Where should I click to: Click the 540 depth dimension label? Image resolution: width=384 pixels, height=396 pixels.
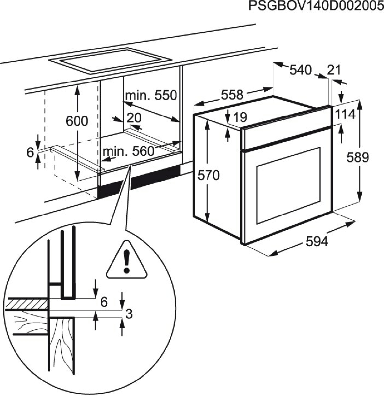tap(300, 70)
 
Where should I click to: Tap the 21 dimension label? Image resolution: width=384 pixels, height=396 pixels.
tap(334, 70)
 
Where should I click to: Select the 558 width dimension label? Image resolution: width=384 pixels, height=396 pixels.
tap(232, 95)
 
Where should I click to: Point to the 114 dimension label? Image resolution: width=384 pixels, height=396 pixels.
tap(345, 115)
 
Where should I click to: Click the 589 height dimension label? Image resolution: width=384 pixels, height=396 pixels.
tap(358, 158)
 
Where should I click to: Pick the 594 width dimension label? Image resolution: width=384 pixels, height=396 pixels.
tap(317, 242)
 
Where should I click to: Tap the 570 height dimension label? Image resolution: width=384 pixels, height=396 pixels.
tap(208, 176)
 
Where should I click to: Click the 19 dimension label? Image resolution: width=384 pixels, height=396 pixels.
tap(240, 117)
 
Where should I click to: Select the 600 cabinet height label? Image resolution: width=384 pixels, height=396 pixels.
tap(77, 121)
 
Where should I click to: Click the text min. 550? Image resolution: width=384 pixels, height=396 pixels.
tap(151, 96)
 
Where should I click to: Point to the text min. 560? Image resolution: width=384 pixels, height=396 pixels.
tap(129, 152)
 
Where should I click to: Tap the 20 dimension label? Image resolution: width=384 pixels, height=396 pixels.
tap(134, 118)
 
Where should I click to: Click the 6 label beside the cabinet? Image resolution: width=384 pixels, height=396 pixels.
tap(30, 153)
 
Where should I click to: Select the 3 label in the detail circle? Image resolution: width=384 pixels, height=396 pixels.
tap(129, 314)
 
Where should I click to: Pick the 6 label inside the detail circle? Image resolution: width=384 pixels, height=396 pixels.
tap(104, 302)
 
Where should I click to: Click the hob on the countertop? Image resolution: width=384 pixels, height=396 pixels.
tap(111, 61)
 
